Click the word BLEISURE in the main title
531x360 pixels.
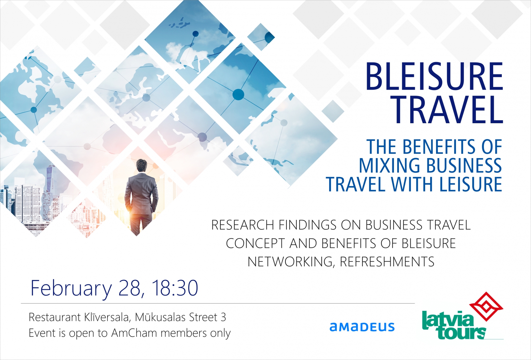coord(434,77)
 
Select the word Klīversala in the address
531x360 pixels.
coord(107,317)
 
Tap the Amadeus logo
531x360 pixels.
coord(362,327)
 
